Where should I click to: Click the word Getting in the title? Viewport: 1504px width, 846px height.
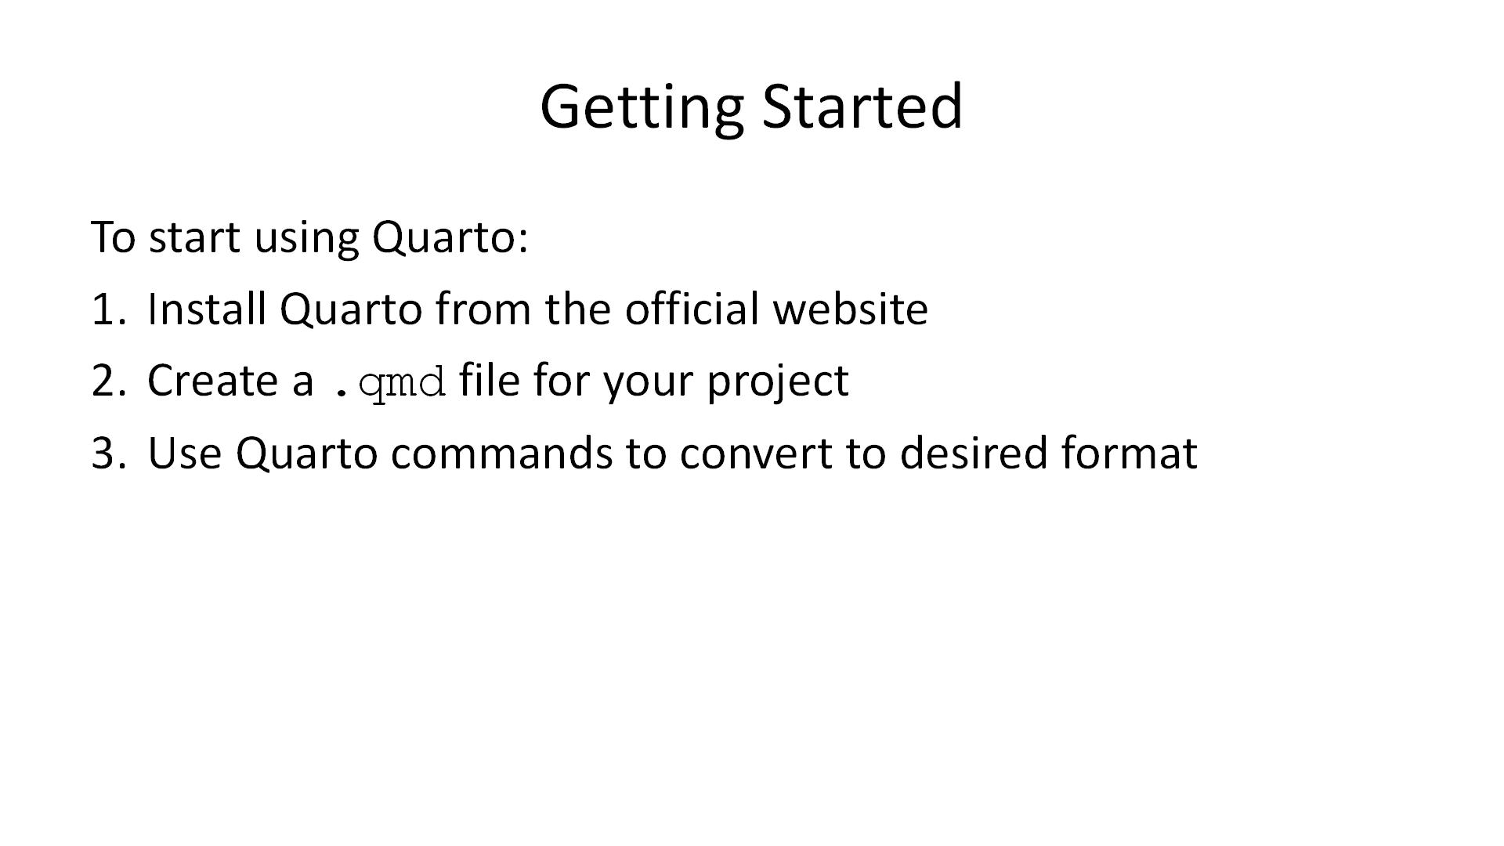click(641, 107)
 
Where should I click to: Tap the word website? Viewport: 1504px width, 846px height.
click(850, 309)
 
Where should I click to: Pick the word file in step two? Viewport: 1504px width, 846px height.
click(489, 381)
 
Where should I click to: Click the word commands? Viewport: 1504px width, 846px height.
click(501, 453)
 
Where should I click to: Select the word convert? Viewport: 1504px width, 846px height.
click(755, 453)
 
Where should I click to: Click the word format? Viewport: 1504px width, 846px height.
click(1130, 453)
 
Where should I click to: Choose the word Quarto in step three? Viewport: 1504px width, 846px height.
click(307, 453)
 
